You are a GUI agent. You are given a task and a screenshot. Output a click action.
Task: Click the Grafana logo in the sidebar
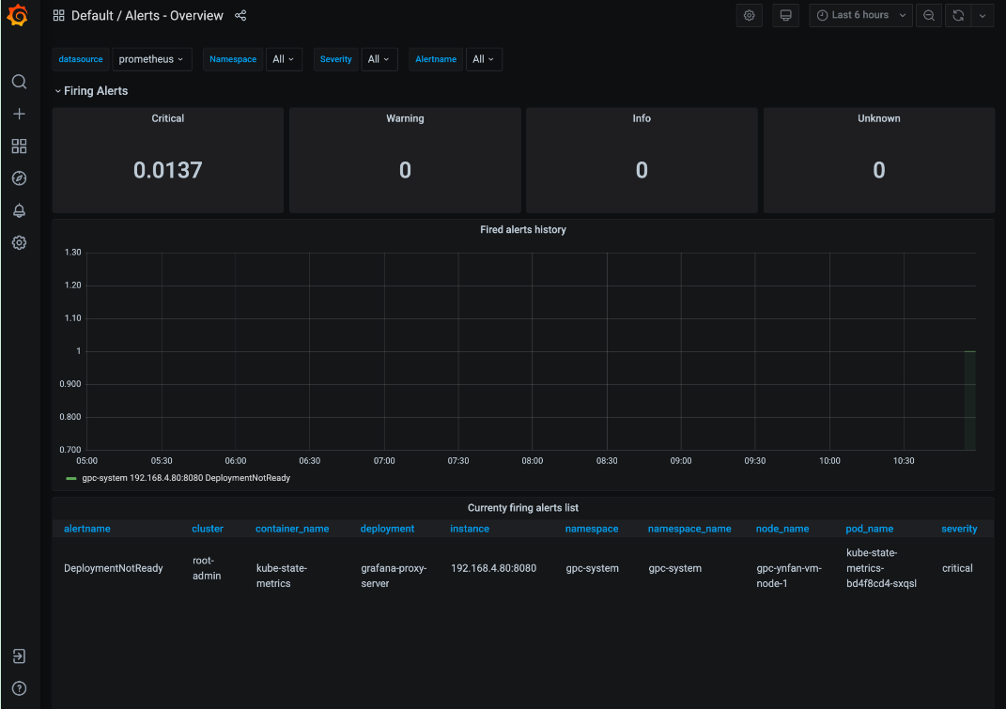click(18, 15)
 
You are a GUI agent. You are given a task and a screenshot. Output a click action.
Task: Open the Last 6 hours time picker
click(860, 15)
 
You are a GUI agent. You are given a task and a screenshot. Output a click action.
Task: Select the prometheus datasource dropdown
click(151, 59)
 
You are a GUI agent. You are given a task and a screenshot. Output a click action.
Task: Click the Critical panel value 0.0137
click(167, 170)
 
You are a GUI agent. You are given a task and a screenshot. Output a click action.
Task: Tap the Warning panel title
click(405, 118)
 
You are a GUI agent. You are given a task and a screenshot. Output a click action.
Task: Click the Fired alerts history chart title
click(523, 229)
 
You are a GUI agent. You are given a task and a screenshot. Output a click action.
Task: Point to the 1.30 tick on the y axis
click(72, 253)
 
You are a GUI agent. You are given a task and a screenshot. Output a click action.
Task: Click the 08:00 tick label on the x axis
click(533, 461)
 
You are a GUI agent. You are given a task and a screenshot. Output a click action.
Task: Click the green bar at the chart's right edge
click(969, 400)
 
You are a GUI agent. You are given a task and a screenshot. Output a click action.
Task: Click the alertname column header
click(87, 529)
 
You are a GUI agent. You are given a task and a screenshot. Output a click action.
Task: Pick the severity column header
click(959, 529)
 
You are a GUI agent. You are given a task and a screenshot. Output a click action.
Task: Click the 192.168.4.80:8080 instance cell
click(493, 568)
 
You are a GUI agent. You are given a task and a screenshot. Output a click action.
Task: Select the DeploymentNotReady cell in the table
click(113, 568)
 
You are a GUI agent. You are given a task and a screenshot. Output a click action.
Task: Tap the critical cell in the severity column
click(957, 568)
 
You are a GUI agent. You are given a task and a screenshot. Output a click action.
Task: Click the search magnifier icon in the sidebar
click(19, 82)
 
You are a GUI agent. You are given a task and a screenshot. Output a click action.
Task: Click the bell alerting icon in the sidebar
click(19, 210)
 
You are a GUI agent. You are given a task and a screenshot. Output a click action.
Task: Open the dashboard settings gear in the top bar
click(749, 15)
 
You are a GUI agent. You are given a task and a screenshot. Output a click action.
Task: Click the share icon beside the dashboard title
click(240, 15)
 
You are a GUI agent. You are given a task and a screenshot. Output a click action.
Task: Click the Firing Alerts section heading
click(95, 91)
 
